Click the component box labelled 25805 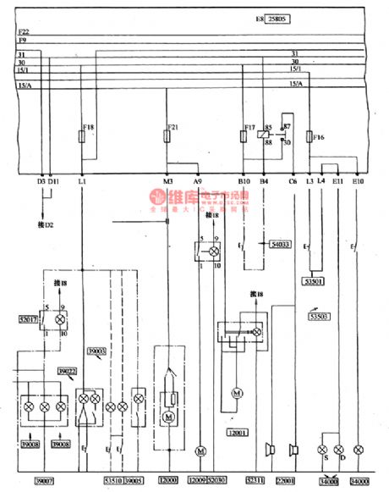[282, 16]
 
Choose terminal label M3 [168, 181]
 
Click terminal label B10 [244, 181]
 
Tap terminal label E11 [338, 181]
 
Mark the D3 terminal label [41, 181]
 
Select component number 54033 [280, 245]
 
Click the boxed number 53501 [313, 281]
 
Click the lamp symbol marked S [322, 448]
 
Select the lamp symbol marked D [339, 448]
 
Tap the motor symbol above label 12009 [200, 448]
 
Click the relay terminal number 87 [287, 125]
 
